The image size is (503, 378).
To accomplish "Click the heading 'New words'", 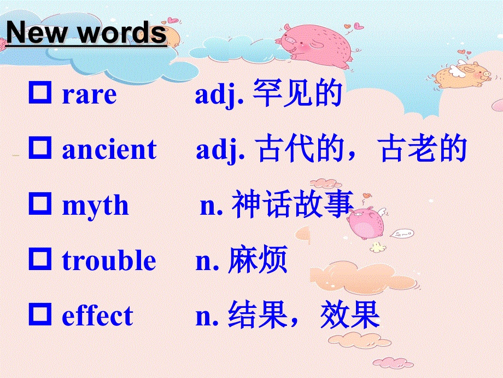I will point(86,33).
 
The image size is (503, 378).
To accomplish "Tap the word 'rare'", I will point(89,95).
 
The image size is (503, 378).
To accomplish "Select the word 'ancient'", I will point(109,150).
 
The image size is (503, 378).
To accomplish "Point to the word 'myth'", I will point(95,206).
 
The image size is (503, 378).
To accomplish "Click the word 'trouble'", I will point(109,260).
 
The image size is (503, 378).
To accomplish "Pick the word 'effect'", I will point(97,316).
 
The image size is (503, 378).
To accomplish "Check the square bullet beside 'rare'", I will point(40,93).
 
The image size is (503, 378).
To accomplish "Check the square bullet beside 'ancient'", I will point(40,148).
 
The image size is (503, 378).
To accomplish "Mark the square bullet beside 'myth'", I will point(40,204).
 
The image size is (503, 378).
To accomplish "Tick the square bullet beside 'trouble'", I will point(40,259).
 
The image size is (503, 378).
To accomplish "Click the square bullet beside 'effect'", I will point(40,314).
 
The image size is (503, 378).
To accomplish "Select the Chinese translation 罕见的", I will point(297,94).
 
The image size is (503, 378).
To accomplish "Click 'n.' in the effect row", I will point(207,316).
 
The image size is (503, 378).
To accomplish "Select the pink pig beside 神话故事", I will point(366,222).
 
